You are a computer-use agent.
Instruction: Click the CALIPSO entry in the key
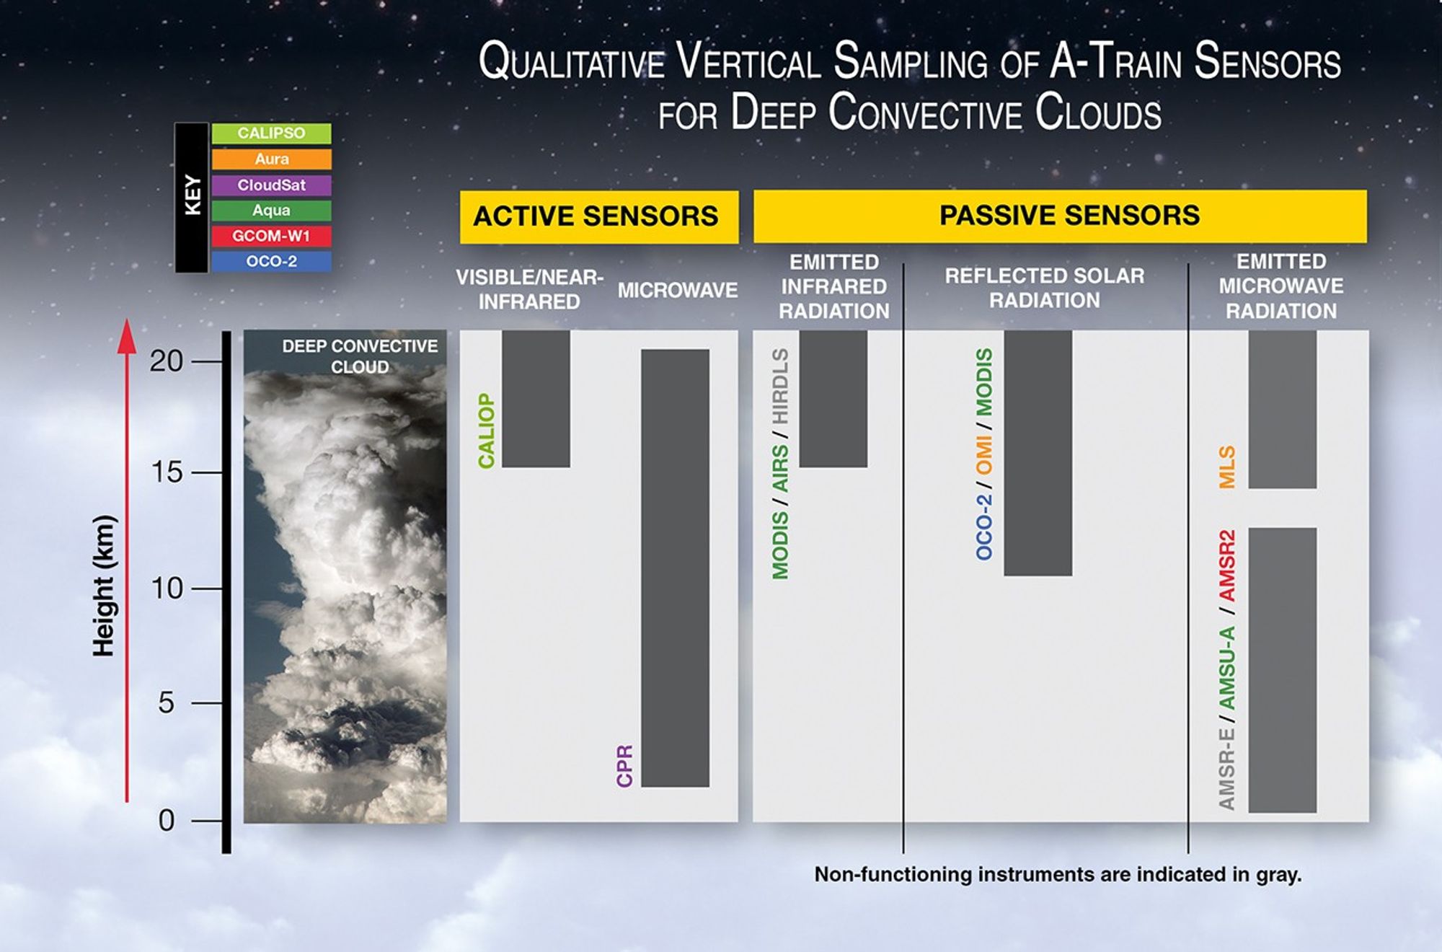(271, 133)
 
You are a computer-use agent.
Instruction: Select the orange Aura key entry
(271, 159)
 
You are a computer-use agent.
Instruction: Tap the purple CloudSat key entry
(271, 185)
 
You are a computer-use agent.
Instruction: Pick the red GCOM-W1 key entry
(271, 236)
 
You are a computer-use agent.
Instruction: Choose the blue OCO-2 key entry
(271, 261)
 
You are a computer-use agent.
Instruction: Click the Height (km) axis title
(104, 586)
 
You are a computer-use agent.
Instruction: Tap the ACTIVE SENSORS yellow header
(598, 216)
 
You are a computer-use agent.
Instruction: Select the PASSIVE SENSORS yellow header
(1060, 216)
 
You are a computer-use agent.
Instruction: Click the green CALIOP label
(487, 431)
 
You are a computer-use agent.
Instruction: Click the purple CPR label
(624, 766)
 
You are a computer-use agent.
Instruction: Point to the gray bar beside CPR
(675, 568)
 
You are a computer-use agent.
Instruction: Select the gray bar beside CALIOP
(536, 398)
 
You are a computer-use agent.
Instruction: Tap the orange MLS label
(1227, 467)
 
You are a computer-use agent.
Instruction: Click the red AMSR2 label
(1227, 566)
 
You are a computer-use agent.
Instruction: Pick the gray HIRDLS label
(780, 387)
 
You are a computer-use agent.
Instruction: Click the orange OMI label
(984, 455)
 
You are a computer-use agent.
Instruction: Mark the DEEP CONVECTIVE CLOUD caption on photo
(359, 356)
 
